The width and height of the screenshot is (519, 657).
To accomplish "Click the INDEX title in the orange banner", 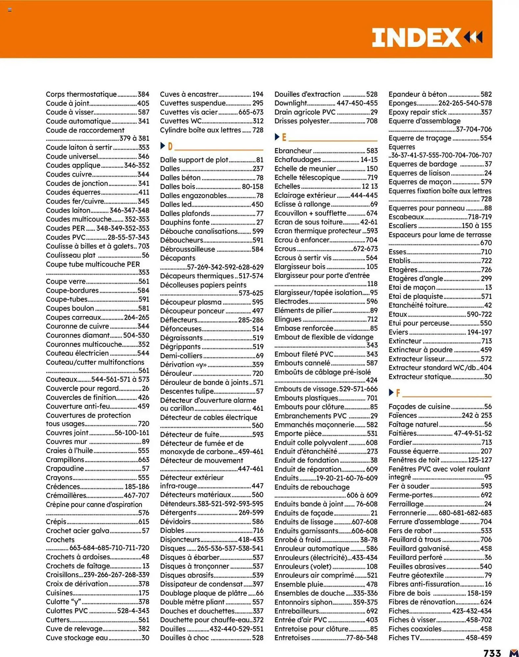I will pos(416,37).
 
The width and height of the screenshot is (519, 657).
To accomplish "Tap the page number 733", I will pos(492,652).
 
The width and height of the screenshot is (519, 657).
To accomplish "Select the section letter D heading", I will pos(170,146).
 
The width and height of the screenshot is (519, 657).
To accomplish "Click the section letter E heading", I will pos(284,137).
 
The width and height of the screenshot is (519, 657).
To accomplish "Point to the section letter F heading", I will pos(398,393).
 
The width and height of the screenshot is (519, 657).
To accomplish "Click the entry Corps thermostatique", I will pos(81,94).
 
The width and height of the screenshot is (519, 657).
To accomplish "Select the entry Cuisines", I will pos(59,593).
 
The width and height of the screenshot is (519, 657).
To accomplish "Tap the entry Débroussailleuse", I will pos(187,249).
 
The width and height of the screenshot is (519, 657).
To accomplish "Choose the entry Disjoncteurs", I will pos(180,539).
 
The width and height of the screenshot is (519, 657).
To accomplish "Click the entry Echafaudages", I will pos(298,160).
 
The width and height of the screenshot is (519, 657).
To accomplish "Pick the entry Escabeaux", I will pos(406,217).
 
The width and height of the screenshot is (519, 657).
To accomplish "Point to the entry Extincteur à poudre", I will pos(420,350).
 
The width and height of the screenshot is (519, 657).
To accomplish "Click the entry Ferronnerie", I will pos(407,513).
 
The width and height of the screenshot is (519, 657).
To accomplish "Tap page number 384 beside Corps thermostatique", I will pos(143,94).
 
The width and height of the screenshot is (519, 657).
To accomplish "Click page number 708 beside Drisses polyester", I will pos(372,121).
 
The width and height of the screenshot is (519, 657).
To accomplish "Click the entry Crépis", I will pos(56,521).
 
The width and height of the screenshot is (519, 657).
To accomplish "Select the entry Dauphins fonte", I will pos(185,222).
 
